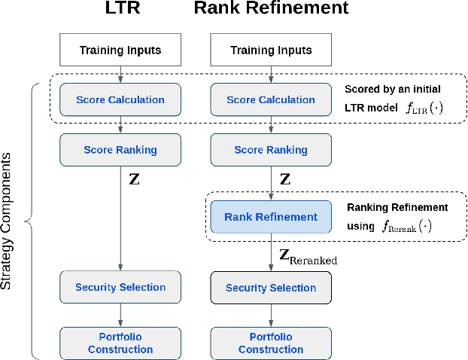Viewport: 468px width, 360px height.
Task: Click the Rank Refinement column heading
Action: click(x=271, y=9)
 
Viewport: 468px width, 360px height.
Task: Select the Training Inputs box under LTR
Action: click(x=120, y=51)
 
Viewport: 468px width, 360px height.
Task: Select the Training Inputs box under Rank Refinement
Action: click(x=271, y=51)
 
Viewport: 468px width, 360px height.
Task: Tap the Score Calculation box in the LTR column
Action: click(x=120, y=99)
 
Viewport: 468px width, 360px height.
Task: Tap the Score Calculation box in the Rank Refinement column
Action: click(x=271, y=99)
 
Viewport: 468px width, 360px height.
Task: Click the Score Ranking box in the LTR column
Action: click(x=120, y=149)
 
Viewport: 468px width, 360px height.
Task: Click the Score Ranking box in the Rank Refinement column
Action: click(x=271, y=149)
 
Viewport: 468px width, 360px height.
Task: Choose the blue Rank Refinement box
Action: click(x=271, y=217)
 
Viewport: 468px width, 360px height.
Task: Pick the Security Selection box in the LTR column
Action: click(x=120, y=287)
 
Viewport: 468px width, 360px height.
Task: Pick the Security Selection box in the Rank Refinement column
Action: click(x=271, y=287)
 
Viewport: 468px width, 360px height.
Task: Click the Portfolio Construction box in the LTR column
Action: click(x=120, y=343)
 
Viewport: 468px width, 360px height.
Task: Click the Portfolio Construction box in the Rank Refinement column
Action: click(x=271, y=343)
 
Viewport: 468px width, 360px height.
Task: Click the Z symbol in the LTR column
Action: click(x=134, y=181)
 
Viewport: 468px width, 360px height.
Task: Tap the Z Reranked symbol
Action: click(x=308, y=257)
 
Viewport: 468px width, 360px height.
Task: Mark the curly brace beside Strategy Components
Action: click(x=30, y=221)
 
